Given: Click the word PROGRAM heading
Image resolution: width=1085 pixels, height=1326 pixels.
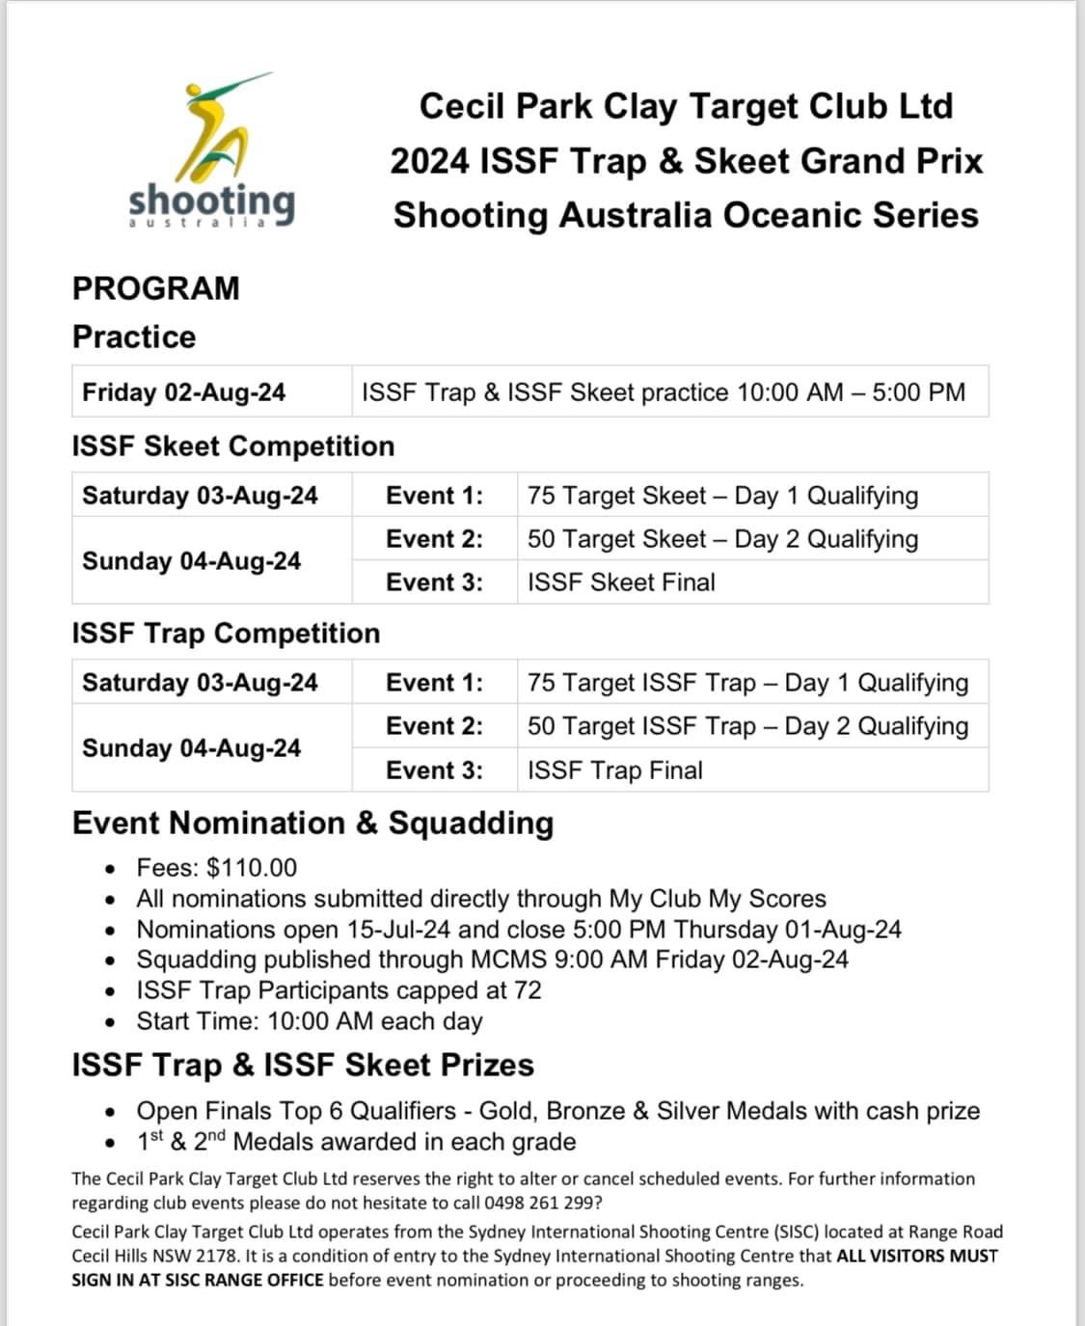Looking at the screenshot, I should tap(156, 288).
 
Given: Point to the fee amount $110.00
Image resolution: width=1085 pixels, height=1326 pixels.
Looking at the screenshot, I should tap(252, 868).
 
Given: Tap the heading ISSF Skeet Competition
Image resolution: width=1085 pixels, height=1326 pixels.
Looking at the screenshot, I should tap(233, 447).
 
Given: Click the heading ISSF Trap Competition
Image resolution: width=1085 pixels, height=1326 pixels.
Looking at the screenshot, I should tap(227, 634).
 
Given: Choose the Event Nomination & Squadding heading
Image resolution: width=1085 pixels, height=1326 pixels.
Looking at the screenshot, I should tap(313, 824).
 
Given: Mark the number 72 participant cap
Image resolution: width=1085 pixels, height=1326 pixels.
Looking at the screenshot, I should tap(528, 990).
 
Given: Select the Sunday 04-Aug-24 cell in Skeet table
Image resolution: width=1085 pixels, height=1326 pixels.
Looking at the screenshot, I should tap(192, 561).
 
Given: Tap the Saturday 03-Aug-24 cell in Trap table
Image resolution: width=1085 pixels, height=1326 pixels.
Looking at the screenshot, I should tap(200, 683).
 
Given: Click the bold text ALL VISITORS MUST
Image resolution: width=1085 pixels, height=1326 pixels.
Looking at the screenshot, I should tap(917, 1257).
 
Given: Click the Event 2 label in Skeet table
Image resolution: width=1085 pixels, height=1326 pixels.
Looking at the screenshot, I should tap(434, 539).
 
